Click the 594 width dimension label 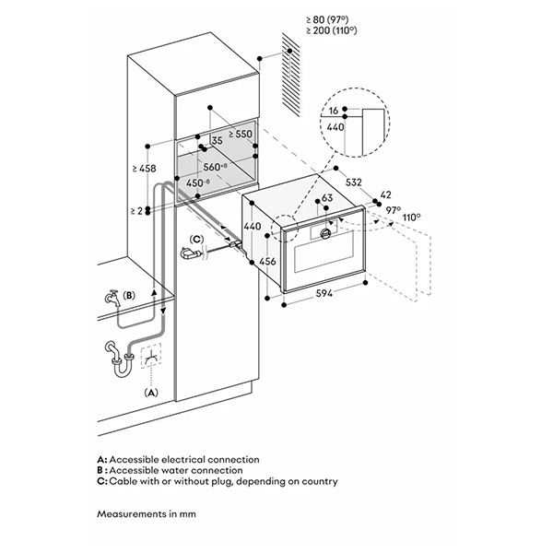pyautogui.click(x=324, y=293)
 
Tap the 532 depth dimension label pyautogui.click(x=354, y=182)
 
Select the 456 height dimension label pyautogui.click(x=267, y=262)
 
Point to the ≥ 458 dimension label pyautogui.click(x=145, y=169)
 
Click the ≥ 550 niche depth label pyautogui.click(x=241, y=134)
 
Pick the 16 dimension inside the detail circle pyautogui.click(x=334, y=111)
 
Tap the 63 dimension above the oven pyautogui.click(x=327, y=198)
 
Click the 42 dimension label pyautogui.click(x=386, y=194)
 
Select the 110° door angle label pyautogui.click(x=412, y=217)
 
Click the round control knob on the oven pyautogui.click(x=325, y=233)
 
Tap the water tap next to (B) pyautogui.click(x=112, y=299)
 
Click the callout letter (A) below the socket pyautogui.click(x=151, y=393)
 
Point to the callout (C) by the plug pyautogui.click(x=196, y=239)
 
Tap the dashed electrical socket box pyautogui.click(x=151, y=356)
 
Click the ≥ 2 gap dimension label pyautogui.click(x=136, y=211)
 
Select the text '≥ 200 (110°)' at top pyautogui.click(x=332, y=30)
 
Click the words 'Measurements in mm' pyautogui.click(x=147, y=513)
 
